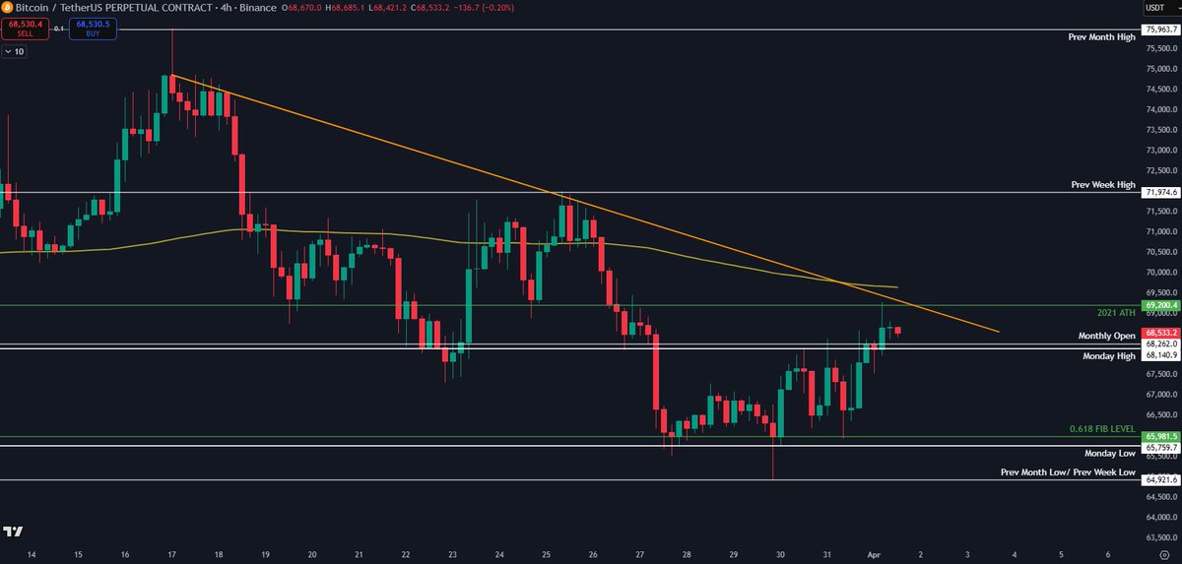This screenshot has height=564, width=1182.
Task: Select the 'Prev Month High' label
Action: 1101,37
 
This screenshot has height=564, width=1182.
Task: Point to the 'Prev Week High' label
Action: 1103,184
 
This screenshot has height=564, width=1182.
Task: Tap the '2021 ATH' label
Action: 1116,312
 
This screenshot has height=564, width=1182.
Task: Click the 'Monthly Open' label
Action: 1106,336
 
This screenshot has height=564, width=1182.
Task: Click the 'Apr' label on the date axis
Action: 874,555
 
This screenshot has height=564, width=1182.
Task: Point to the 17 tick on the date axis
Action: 172,555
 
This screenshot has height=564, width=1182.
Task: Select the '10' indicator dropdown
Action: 14,51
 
